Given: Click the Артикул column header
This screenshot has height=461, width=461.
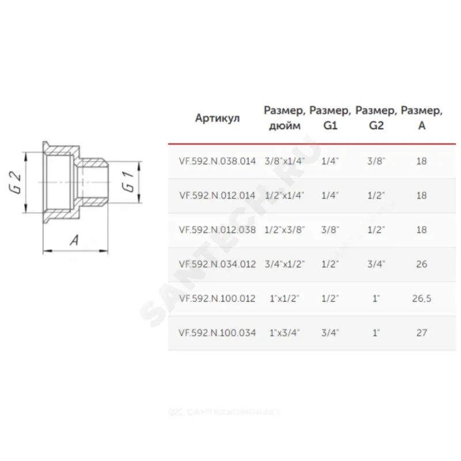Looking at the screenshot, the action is [218, 119].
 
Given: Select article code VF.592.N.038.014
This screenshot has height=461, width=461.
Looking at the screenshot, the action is [217, 161].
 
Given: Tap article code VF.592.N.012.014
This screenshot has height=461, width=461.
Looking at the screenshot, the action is [217, 195].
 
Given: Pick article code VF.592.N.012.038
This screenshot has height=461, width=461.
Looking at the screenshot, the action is [217, 229].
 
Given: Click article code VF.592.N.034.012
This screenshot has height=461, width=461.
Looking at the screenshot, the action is [217, 264].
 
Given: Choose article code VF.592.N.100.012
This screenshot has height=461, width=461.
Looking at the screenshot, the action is [217, 298].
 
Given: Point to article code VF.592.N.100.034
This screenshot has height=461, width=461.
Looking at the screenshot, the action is [217, 333].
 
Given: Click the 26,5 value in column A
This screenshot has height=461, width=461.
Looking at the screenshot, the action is [422, 298].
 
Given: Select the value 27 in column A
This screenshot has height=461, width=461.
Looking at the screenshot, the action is [422, 333].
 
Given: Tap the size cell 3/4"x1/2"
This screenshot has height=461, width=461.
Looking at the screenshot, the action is [285, 264].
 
